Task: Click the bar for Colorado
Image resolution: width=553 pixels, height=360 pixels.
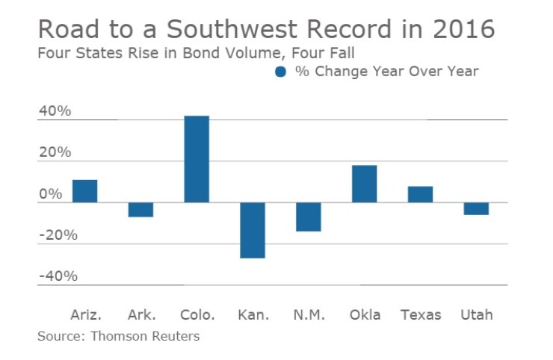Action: coord(197,159)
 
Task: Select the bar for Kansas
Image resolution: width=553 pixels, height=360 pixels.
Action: coord(253,230)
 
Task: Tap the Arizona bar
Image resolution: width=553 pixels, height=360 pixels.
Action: coord(84,191)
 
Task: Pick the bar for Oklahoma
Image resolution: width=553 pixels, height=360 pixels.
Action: coord(364,184)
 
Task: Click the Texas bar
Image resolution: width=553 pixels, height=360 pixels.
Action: coord(420,194)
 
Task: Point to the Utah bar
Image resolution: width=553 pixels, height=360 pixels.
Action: coord(476,208)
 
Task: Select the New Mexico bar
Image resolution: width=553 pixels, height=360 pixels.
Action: coord(308,217)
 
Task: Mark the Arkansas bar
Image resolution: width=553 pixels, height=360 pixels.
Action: coord(140,210)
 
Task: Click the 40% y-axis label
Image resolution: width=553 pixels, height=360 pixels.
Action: coord(55,111)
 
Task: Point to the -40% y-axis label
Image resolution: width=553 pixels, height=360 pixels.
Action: coord(57,276)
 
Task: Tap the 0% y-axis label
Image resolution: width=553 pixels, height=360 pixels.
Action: coord(51,194)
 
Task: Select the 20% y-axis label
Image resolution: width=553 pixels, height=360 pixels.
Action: coord(55,152)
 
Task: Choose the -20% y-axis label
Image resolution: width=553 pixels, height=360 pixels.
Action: coord(57,235)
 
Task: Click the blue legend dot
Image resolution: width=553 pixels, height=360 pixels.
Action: coord(281,72)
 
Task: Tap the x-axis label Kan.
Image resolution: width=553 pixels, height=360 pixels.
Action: coord(252,314)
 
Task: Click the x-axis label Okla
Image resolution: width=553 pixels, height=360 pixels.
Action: coord(365,314)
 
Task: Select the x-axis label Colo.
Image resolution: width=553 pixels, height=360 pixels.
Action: coord(197,314)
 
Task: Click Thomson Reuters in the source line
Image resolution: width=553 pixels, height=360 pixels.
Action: coord(145,336)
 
